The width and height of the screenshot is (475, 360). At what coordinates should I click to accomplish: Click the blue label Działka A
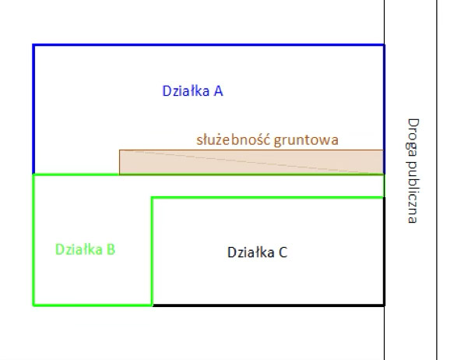[x=192, y=91]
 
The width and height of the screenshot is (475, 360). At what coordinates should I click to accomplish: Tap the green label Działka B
[x=86, y=250]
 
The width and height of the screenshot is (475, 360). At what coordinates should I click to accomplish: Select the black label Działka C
[x=257, y=252]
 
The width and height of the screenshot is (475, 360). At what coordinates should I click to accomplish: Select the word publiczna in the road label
[x=413, y=190]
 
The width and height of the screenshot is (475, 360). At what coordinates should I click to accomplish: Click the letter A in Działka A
[x=219, y=91]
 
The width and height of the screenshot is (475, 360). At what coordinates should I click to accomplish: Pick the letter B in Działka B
[x=111, y=250]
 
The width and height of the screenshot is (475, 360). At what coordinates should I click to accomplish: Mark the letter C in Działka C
[x=283, y=252]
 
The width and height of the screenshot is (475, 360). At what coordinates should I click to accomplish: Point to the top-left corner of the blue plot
[x=33, y=45]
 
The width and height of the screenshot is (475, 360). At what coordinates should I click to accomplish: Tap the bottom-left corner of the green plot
[x=33, y=304]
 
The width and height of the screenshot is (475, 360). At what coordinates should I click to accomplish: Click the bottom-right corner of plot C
[x=384, y=304]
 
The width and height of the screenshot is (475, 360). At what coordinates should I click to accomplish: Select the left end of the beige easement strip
[x=120, y=161]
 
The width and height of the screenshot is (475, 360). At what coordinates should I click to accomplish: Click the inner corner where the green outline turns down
[x=152, y=198]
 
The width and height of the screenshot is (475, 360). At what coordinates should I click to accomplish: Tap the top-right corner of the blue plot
[x=384, y=45]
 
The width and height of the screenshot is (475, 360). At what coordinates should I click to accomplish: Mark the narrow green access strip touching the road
[x=311, y=185]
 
